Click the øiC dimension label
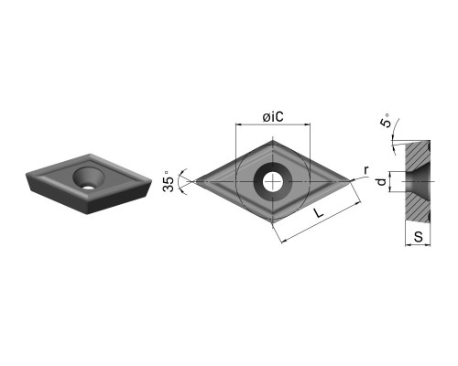pyautogui.click(x=273, y=116)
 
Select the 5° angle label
pyautogui.click(x=386, y=121)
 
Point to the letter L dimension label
pyautogui.click(x=319, y=213)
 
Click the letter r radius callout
pyautogui.click(x=366, y=169)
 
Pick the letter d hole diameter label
pyautogui.click(x=381, y=182)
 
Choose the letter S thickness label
pyautogui.click(x=418, y=237)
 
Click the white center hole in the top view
pyautogui.click(x=273, y=182)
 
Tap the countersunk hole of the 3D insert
pyautogui.click(x=88, y=178)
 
